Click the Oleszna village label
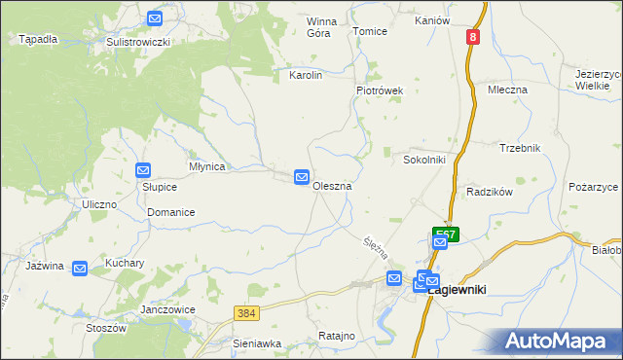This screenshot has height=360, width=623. tap(332, 186)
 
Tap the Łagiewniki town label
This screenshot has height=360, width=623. tap(458, 289)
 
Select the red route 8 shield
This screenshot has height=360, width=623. tap(472, 37)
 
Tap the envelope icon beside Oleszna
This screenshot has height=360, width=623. tap(302, 177)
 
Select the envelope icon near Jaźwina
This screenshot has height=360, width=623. tap(80, 268)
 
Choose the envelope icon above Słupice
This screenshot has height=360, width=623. tap(143, 170)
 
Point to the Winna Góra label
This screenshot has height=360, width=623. tap(319, 26)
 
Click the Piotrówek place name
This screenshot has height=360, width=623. tap(378, 90)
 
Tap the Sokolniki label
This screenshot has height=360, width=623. tap(424, 159)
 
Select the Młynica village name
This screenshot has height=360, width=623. tap(206, 166)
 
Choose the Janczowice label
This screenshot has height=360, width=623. tap(168, 309)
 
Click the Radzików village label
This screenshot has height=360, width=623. tap(489, 193)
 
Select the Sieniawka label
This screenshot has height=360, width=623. tap(257, 343)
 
